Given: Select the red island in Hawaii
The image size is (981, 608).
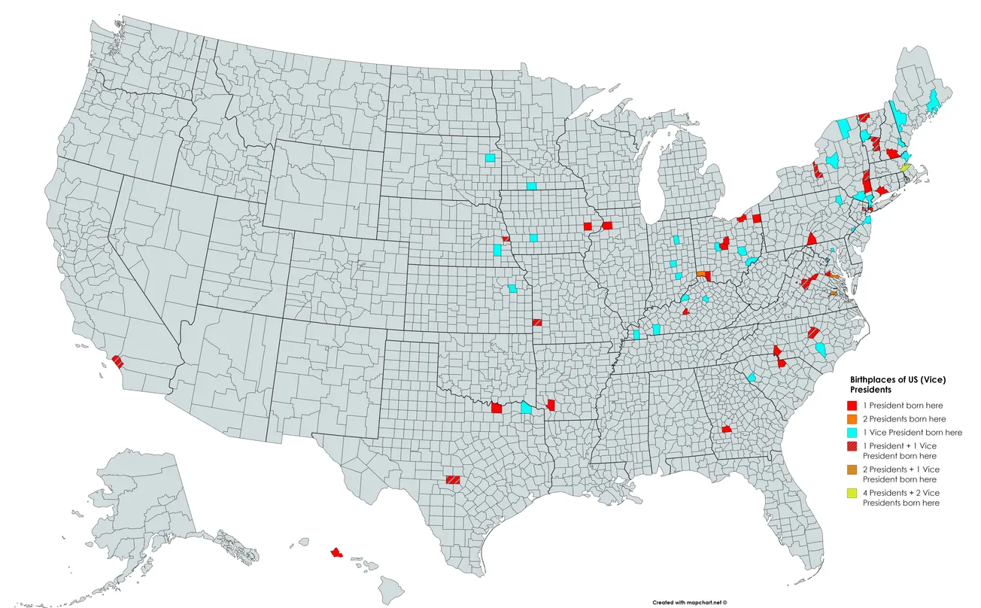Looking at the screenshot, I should [336, 552].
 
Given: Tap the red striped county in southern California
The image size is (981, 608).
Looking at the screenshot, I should [118, 361].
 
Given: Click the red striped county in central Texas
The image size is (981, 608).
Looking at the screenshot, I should [453, 479].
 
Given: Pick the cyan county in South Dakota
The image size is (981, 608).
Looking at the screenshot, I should [490, 158].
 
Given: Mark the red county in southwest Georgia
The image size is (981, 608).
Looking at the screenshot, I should [727, 429].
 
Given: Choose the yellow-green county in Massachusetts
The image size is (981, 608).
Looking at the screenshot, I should [906, 167].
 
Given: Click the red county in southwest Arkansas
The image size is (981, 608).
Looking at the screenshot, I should [551, 405].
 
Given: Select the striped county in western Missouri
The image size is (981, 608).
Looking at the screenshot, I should [536, 322].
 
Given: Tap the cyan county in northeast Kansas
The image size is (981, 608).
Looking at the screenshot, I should [512, 288].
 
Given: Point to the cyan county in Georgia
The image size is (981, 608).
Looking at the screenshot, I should [751, 377].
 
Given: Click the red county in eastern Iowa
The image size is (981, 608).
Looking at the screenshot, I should [606, 225].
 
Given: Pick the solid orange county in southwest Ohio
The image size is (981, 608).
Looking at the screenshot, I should [702, 275].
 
